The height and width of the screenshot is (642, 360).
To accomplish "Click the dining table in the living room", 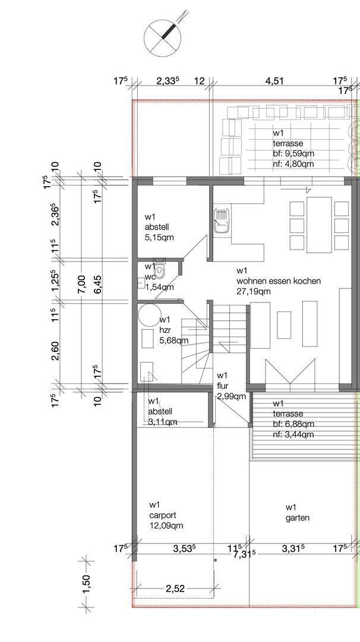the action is point(320,225).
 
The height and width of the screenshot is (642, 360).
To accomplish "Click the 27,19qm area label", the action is point(253,291).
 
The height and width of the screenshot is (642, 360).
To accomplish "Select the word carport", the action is point(162,515).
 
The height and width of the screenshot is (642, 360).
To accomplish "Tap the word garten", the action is point(298,518).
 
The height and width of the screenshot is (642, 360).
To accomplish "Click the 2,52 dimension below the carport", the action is point(175,588).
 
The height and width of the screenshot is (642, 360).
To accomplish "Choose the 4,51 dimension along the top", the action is point(274,81).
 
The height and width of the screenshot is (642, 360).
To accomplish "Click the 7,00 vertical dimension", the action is point(81,284).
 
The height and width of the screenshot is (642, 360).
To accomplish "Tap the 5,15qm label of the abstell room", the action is point(160,237).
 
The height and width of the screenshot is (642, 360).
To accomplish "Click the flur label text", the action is point(223,386).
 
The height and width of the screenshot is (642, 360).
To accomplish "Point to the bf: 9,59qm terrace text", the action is point(293,154).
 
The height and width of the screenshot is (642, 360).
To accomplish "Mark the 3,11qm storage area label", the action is point(162,421).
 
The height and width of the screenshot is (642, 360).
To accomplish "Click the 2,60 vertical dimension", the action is point(56,351).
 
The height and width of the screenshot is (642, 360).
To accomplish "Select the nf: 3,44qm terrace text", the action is point(293,435).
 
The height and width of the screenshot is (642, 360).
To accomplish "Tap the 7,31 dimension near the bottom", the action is point(244,555).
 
